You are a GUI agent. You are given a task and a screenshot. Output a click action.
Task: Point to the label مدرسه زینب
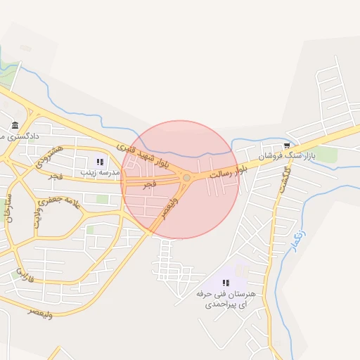point(96,172)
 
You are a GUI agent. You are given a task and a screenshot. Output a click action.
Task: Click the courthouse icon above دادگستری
point(15,126)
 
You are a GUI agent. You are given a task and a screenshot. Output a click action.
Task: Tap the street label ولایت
point(36,219)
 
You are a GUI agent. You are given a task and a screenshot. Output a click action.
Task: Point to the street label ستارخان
point(8,210)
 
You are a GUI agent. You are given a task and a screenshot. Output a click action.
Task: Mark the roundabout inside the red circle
point(186,178)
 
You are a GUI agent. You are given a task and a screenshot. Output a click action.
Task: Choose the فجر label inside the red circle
point(149,184)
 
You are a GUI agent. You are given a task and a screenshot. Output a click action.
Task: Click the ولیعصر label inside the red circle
point(169,207)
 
